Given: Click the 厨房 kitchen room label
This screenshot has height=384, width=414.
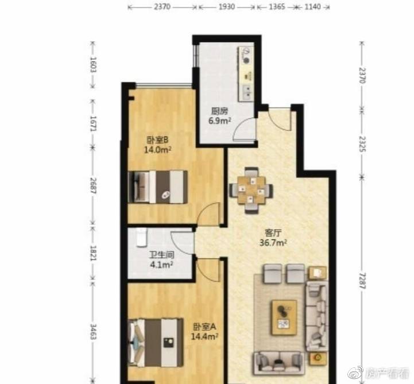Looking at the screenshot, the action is point(219,111).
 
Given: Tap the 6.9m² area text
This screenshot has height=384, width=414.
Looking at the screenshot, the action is point(220,121).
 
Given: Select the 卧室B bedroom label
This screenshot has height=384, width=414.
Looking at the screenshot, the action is point(157,139).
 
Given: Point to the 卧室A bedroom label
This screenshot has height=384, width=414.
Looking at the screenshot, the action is point(204,327).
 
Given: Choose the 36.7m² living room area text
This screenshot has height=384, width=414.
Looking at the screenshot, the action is point(273,242).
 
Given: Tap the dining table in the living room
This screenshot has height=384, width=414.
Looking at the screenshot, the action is point(251,190).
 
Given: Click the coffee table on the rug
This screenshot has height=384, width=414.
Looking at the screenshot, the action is point(284,318).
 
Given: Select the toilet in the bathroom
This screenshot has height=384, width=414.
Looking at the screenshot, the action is point(141,237).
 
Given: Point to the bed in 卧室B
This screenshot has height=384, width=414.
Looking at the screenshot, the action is point(158,187).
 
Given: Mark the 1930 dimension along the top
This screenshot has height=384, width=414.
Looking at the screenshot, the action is point(227,6).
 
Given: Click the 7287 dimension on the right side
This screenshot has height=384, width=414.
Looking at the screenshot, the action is point(362,281).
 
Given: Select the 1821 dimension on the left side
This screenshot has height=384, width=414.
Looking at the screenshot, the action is point(93,253).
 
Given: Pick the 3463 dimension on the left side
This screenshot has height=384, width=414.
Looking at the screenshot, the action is point(93,332).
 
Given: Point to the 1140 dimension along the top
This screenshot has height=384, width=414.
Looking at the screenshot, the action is point(312,6).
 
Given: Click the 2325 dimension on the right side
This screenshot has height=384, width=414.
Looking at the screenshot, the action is point(362,144).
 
